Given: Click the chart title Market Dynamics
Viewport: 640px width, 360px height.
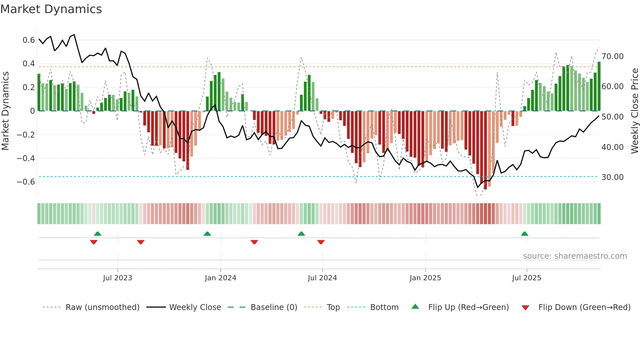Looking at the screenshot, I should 51,9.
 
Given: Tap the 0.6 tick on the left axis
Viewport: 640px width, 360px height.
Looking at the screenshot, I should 28,40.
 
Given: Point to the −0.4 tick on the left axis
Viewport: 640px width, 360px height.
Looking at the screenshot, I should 25,158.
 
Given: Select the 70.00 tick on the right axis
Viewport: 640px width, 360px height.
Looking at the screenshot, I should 613,57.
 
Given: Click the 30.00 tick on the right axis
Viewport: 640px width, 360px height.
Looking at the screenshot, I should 613,177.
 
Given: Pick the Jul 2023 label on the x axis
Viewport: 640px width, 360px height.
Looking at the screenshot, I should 118,278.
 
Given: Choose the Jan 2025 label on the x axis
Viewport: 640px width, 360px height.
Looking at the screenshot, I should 425,278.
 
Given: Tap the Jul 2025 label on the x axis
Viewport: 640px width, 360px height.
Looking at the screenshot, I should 526,278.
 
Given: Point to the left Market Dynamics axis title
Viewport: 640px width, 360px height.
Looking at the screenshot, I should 5,111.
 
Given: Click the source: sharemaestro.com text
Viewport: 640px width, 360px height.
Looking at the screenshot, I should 575,256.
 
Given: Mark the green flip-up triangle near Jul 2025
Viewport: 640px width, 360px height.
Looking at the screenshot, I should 524,234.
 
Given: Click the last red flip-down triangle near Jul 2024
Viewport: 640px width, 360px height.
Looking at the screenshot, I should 321,242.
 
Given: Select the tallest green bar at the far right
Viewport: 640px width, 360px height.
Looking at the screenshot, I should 599,87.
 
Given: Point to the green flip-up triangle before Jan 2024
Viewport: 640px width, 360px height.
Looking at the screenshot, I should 207,234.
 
